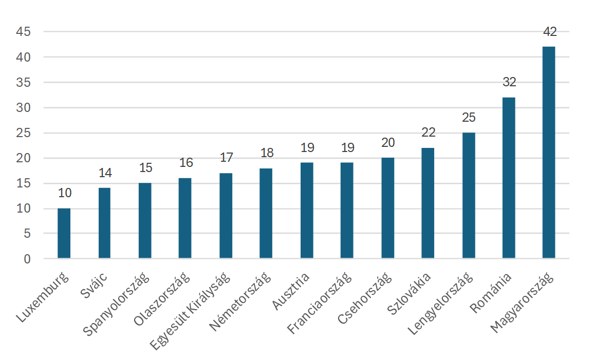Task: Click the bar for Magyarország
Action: pos(549,153)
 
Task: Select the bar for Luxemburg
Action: pos(64,233)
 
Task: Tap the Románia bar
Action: pos(509,178)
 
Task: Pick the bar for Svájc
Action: pos(104,223)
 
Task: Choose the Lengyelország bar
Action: pos(469,195)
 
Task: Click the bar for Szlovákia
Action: pos(428,203)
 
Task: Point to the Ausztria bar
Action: pos(307,211)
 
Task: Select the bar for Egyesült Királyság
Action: pos(226,216)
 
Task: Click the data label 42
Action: pos(550,32)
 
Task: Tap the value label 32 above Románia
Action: pos(509,82)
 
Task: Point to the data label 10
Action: pos(65,193)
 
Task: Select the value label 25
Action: pos(469,118)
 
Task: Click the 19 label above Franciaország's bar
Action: pos(347,147)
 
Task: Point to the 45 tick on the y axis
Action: pos(23,31)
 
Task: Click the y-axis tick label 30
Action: pos(23,107)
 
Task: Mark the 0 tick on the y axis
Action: pos(27,259)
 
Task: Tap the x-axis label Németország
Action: pos(240,301)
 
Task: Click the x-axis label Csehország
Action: pos(364,298)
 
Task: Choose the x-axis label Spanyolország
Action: pos(116,304)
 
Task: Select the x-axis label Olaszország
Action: pos(161,299)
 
